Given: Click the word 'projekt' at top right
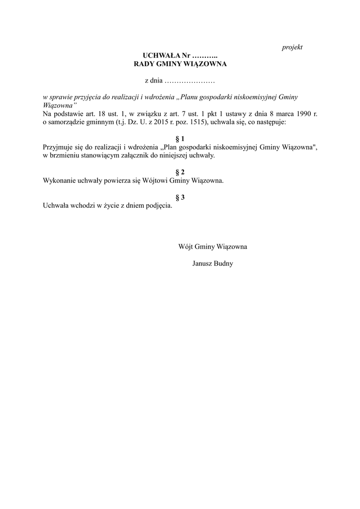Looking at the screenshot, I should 292,47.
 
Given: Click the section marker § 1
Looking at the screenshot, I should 180,139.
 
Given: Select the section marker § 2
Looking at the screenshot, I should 180,172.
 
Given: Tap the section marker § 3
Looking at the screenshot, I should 180,197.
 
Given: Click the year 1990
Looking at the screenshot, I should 304,114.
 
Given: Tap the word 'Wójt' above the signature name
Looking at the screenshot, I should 185,246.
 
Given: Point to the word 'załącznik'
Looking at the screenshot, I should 144,156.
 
